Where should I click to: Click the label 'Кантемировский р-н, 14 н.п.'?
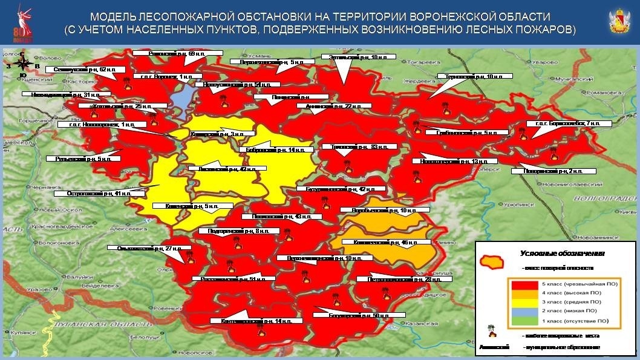[x=247, y=320]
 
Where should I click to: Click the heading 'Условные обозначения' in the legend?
[x=554, y=255]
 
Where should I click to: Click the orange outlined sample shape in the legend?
[x=492, y=262]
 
